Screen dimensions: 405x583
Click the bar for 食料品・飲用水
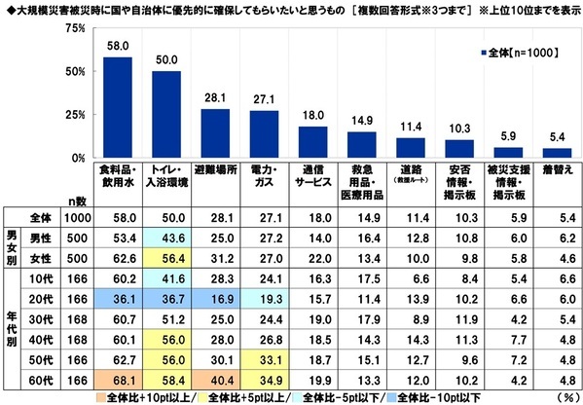[118, 108]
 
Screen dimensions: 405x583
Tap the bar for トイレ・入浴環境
[166, 115]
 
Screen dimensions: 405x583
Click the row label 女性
[40, 258]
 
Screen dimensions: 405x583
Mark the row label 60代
[40, 380]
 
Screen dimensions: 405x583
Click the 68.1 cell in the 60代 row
[118, 380]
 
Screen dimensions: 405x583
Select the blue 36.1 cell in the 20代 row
[118, 298]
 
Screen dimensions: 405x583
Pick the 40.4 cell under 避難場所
[215, 380]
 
